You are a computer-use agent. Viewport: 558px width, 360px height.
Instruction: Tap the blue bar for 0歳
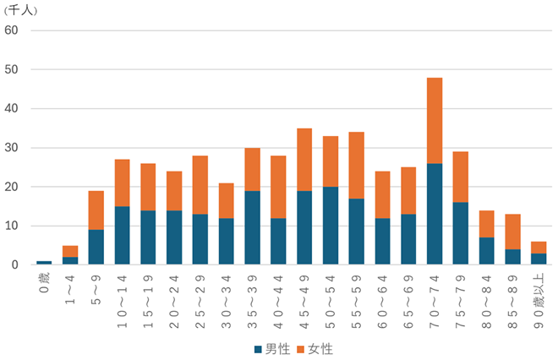pos(44,263)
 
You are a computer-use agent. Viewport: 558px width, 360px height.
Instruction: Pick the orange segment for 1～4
pos(70,251)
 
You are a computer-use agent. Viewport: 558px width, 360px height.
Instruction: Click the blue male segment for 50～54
pos(331,226)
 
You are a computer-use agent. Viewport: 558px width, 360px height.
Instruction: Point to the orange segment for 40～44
pos(278,187)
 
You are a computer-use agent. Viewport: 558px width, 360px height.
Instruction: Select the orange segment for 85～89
pos(513,232)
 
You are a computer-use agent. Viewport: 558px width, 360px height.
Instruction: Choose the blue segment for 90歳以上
pos(539,259)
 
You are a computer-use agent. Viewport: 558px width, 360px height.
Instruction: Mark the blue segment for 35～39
pos(252,227)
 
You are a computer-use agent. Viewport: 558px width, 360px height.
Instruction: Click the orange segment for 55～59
pos(356,165)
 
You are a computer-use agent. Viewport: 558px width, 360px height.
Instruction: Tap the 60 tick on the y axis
pos(12,30)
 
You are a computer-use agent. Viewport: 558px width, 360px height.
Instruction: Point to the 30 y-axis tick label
pos(12,148)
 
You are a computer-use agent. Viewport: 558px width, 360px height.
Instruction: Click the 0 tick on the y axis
pos(15,265)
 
